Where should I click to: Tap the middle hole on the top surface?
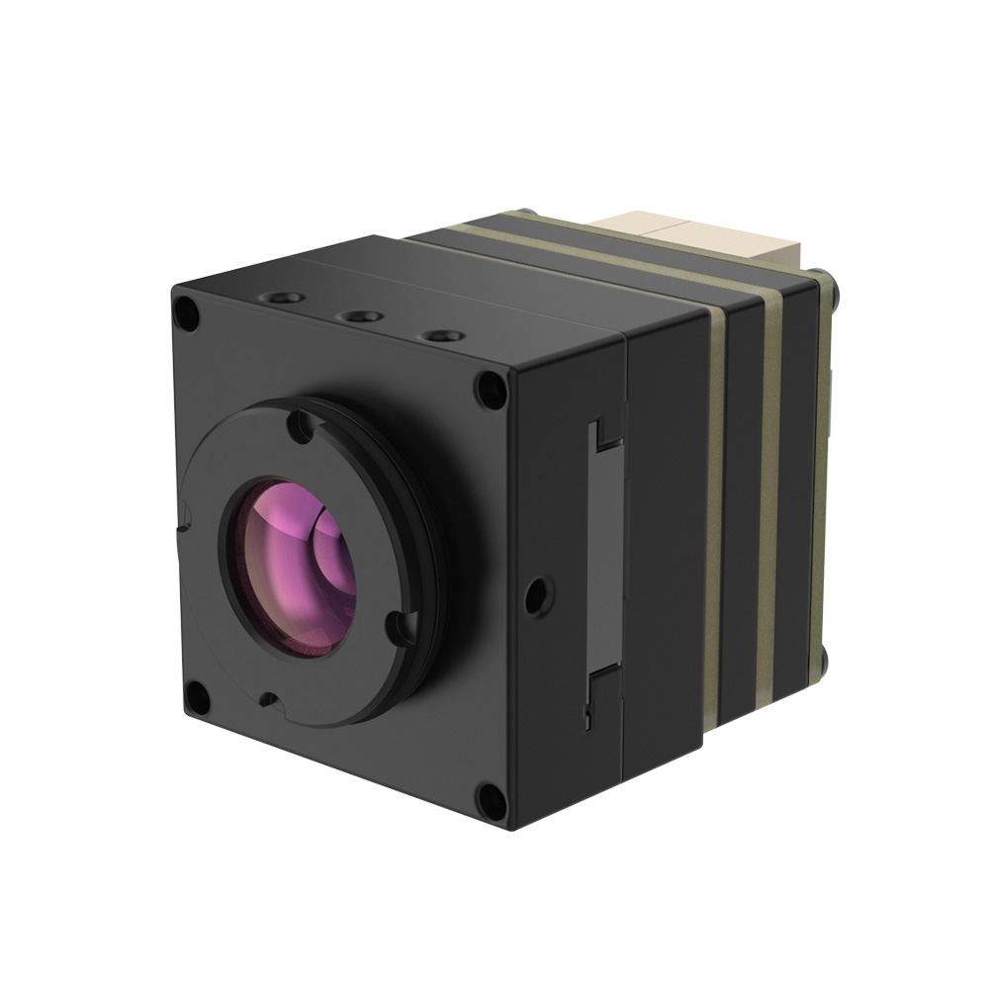(x=360, y=317)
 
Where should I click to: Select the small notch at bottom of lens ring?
(x=265, y=699)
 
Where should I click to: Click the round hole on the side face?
(x=537, y=592)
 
